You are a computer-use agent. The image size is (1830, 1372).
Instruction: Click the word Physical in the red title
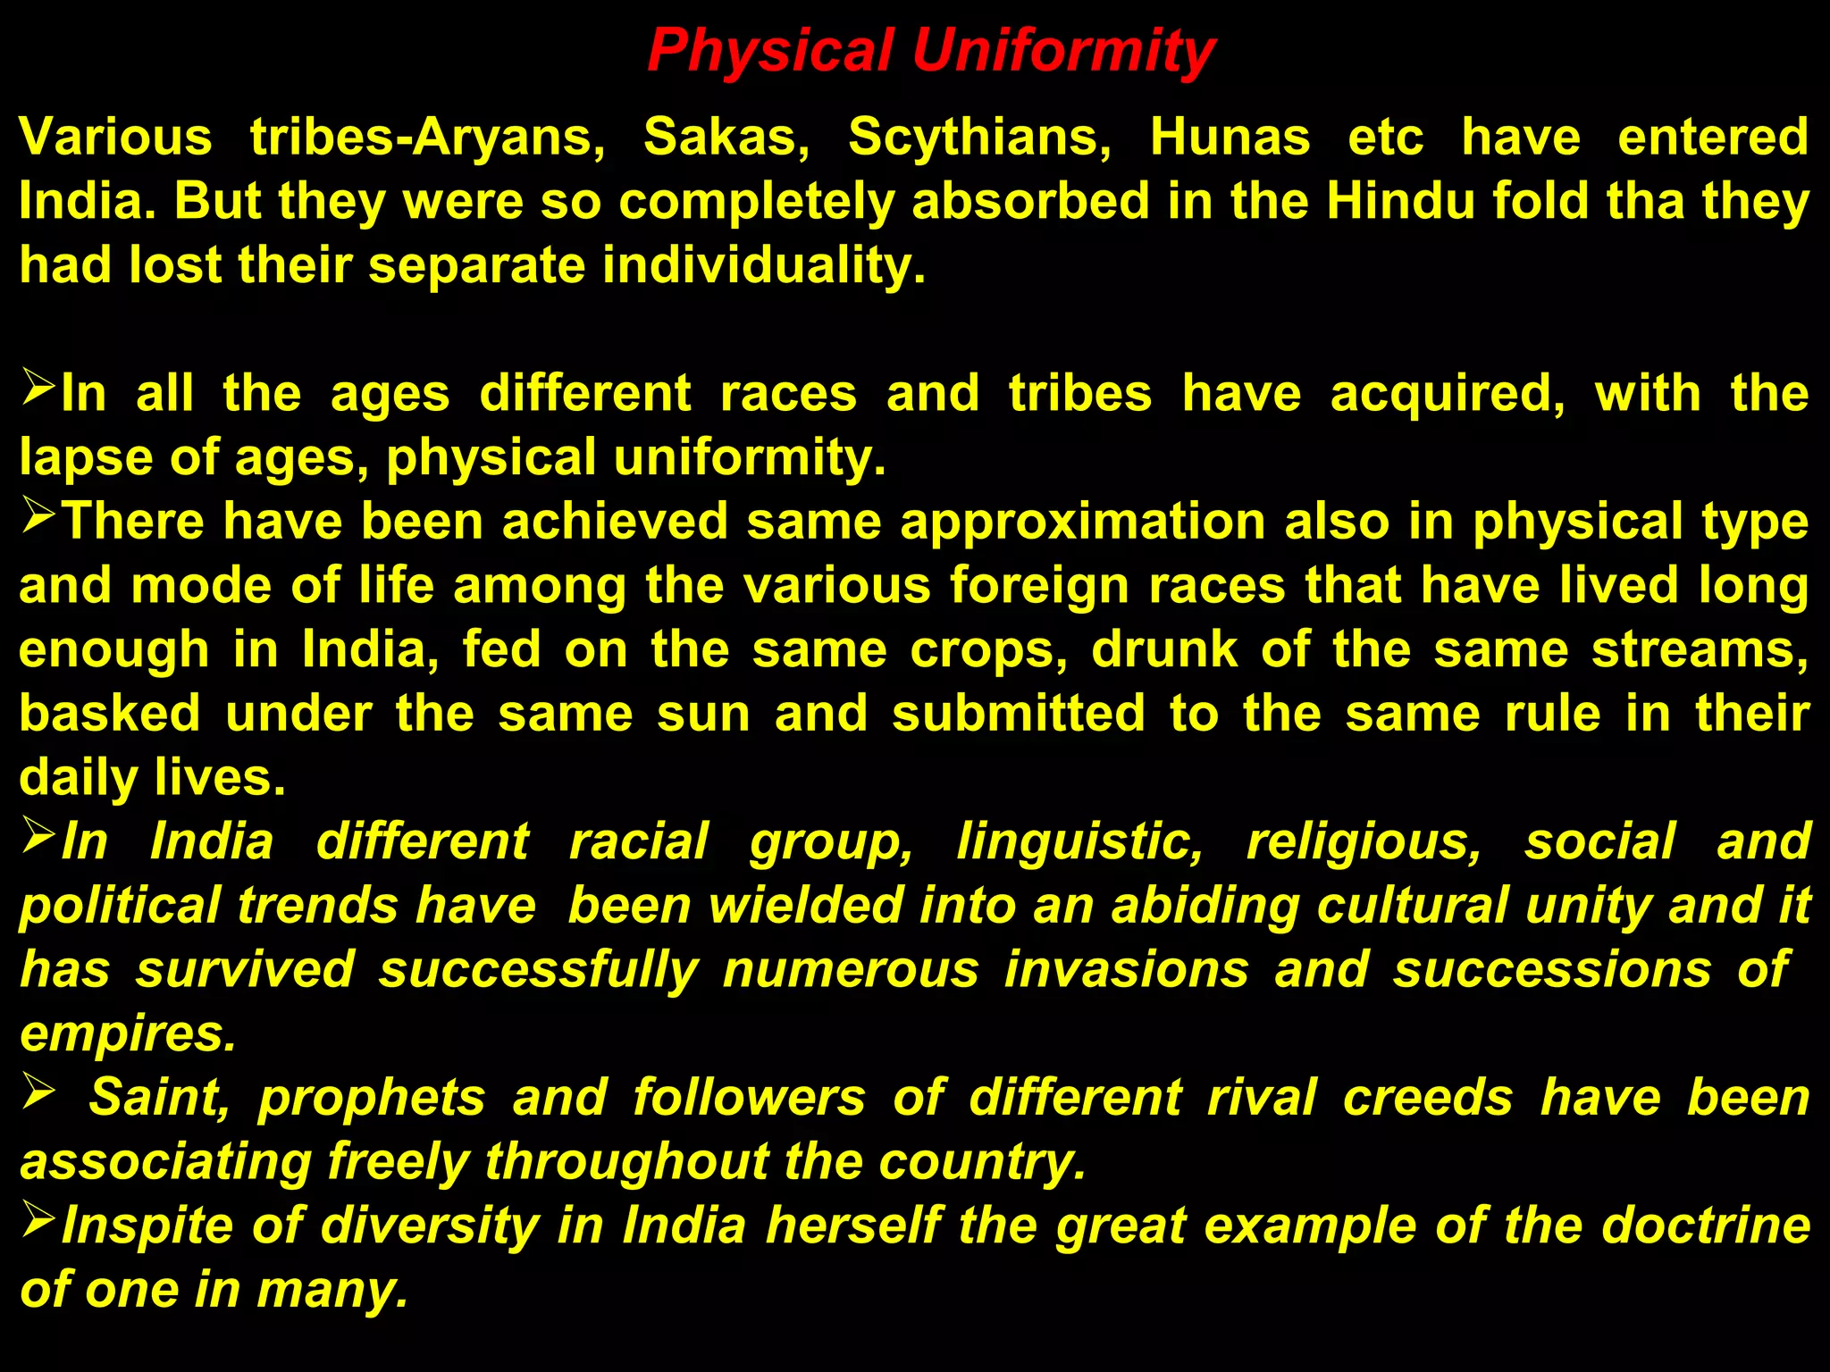click(770, 52)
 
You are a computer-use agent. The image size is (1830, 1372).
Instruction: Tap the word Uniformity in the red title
click(1063, 52)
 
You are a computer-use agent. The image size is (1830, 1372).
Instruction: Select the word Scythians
click(979, 138)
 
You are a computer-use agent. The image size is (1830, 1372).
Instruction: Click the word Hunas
click(1230, 138)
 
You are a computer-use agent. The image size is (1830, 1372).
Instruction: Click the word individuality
click(764, 266)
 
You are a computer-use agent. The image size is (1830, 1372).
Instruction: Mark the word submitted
click(1018, 715)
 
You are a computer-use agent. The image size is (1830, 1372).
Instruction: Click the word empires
click(128, 1035)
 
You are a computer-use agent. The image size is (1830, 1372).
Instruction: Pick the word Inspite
click(148, 1226)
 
